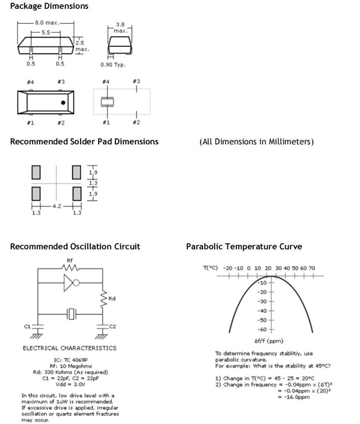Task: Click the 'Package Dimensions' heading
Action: (49, 6)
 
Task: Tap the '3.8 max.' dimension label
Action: (120, 28)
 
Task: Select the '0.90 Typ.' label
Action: (113, 65)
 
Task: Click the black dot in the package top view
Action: (63, 102)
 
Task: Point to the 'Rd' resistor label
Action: (112, 298)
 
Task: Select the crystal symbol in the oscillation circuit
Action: (72, 313)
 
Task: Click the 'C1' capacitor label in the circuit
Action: (28, 326)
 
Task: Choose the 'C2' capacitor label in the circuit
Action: (112, 326)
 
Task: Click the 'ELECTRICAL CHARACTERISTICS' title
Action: (69, 348)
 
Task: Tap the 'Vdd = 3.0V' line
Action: (70, 384)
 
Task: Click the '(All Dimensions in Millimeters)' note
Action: (256, 141)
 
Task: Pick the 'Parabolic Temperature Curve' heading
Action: (244, 246)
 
